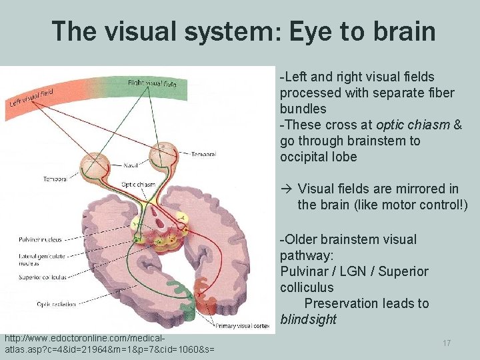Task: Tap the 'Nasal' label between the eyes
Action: pos(131,164)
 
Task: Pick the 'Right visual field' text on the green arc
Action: pos(153,83)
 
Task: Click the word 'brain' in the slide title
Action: pos(401,31)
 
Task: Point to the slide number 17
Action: pos(447,342)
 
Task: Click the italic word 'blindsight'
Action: pos(308,320)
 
